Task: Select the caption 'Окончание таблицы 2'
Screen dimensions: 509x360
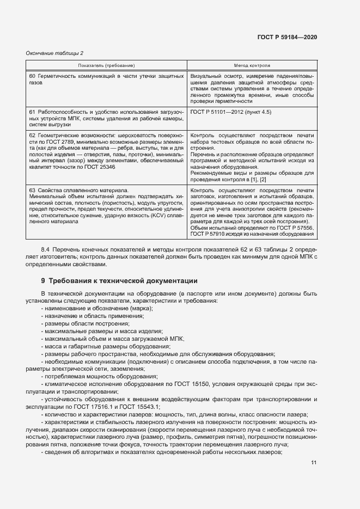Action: pos(54,53)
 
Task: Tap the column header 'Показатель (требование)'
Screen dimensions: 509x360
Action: pos(106,65)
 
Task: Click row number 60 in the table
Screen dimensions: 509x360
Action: pos(32,75)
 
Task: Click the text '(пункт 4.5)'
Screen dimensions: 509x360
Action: pos(258,112)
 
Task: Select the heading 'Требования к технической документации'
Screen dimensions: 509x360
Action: pos(123,281)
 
